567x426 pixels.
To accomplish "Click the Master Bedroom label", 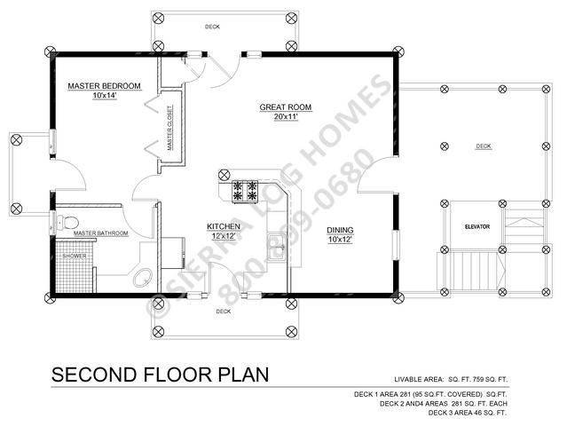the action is coord(104,86).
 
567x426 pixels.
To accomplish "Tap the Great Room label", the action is coord(286,107).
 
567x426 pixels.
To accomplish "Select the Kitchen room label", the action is coord(224,226).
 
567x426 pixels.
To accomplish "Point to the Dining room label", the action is coord(340,230).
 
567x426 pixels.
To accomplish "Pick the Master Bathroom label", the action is coord(101,233).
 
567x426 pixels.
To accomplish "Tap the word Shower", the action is coord(75,256).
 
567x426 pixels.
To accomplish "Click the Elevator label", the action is coord(477,226).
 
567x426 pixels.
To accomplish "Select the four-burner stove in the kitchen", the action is coord(245,191).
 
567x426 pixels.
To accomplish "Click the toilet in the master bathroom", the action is coord(67,222).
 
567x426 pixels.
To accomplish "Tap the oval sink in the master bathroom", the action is coord(143,278).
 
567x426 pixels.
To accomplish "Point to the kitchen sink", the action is coord(277,248).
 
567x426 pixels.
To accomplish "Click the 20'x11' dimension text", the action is coord(286,117).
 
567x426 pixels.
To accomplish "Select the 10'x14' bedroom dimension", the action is coord(105,96).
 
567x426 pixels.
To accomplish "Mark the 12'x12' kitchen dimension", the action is coord(224,236).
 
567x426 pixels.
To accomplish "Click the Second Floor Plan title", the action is coord(161,375).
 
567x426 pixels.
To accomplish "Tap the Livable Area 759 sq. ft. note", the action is coord(451,379).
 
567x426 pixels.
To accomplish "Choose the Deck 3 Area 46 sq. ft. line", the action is coord(468,413).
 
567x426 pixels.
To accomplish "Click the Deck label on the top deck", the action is coord(212,27).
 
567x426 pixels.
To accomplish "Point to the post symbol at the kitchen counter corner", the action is coord(224,175).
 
